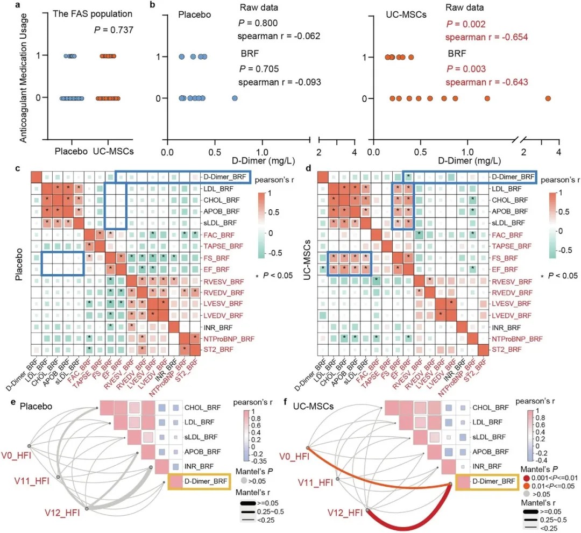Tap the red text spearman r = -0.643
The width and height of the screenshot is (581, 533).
coord(487,82)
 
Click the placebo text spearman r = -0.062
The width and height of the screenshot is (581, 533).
coord(279,37)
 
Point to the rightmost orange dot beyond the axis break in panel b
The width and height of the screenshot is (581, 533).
coord(548,98)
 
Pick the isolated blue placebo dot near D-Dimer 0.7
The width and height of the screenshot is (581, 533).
coord(235,98)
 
